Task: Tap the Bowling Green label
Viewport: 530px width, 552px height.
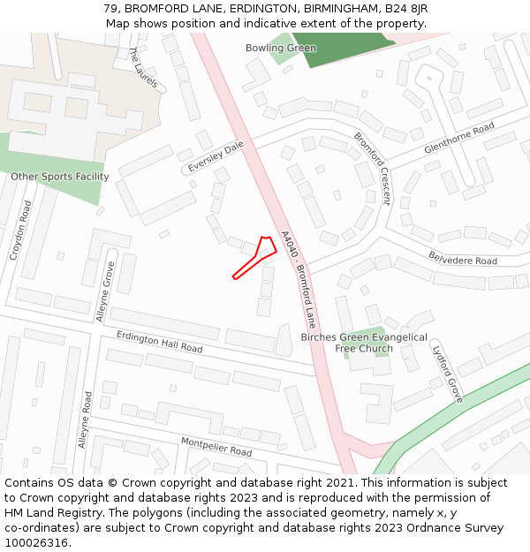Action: point(281,48)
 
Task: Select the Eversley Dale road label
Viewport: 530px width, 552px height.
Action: point(215,156)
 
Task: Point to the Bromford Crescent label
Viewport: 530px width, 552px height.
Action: point(372,168)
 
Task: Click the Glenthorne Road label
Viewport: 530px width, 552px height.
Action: point(458,139)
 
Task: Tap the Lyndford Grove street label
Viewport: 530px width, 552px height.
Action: point(448,373)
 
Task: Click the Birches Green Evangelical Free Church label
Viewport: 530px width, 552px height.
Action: point(364,343)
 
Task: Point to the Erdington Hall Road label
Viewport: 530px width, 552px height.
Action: point(160,342)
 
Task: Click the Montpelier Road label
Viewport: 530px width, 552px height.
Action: point(216,446)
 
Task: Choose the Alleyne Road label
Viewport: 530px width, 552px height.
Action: point(84,420)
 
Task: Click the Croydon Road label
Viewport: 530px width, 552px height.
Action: point(20,230)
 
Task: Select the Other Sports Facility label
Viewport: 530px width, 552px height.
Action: point(60,177)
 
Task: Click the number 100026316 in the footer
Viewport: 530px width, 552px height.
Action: point(37,543)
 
